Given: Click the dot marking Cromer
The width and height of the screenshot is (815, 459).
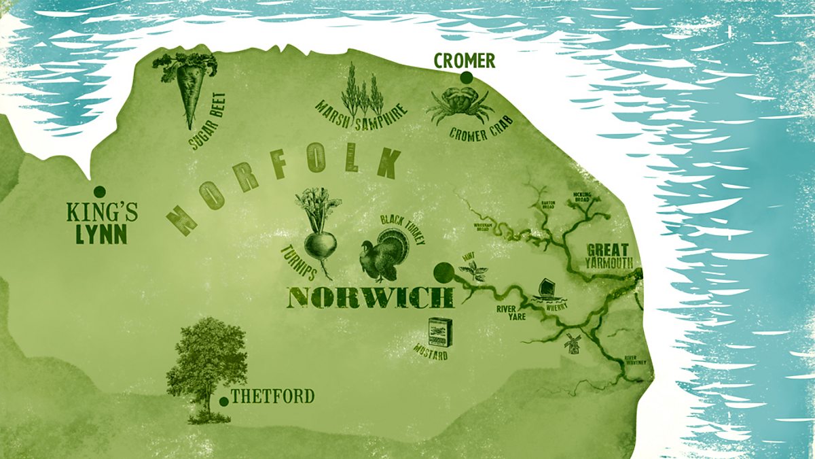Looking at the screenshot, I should (466, 78).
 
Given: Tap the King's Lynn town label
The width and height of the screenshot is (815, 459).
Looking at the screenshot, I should (103, 224).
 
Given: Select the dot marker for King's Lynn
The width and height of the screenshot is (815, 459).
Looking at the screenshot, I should (99, 191).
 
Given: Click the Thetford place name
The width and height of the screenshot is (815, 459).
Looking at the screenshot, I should (272, 396).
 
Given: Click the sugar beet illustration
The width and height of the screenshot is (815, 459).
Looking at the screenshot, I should (187, 88).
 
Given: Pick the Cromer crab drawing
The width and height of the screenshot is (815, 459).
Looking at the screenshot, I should (459, 105).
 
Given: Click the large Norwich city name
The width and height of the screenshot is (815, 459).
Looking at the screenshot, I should (372, 298).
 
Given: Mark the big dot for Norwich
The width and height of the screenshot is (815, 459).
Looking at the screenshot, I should (443, 273).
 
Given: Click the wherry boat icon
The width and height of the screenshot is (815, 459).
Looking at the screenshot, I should (547, 292).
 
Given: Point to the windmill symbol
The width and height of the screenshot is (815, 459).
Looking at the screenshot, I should (572, 343).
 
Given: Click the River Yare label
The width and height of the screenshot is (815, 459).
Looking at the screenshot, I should (509, 312).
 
